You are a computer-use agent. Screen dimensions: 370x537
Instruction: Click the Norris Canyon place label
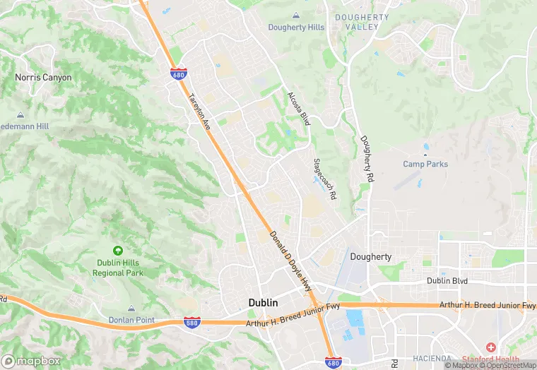[x=43, y=77]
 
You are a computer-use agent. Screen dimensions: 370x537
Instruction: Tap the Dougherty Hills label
[x=296, y=28]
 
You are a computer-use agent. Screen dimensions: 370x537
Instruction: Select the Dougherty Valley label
[x=362, y=21]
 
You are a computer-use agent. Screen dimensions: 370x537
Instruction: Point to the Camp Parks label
[x=425, y=165]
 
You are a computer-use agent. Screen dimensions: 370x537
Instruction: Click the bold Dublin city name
[x=263, y=302]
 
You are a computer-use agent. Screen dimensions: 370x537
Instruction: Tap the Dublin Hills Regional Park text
[x=119, y=268]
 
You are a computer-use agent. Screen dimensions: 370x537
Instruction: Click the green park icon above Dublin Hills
[x=117, y=251]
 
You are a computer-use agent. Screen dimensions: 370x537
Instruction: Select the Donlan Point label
[x=131, y=320]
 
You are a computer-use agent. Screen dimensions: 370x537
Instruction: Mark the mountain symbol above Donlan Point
[x=131, y=309]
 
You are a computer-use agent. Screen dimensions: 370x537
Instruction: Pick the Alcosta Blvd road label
[x=299, y=109]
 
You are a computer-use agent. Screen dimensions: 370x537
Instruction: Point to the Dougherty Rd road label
[x=366, y=160]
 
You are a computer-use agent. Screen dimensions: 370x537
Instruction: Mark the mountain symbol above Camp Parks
[x=425, y=153]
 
